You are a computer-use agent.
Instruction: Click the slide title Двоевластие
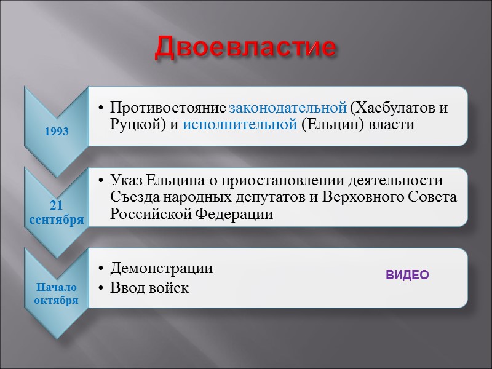246,47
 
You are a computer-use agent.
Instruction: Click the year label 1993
56,132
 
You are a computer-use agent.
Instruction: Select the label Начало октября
56,293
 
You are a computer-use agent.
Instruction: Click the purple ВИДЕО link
407,275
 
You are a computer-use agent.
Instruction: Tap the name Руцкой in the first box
132,125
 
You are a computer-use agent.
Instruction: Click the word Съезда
130,197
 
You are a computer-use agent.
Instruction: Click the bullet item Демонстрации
161,268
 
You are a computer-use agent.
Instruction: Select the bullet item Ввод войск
149,287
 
